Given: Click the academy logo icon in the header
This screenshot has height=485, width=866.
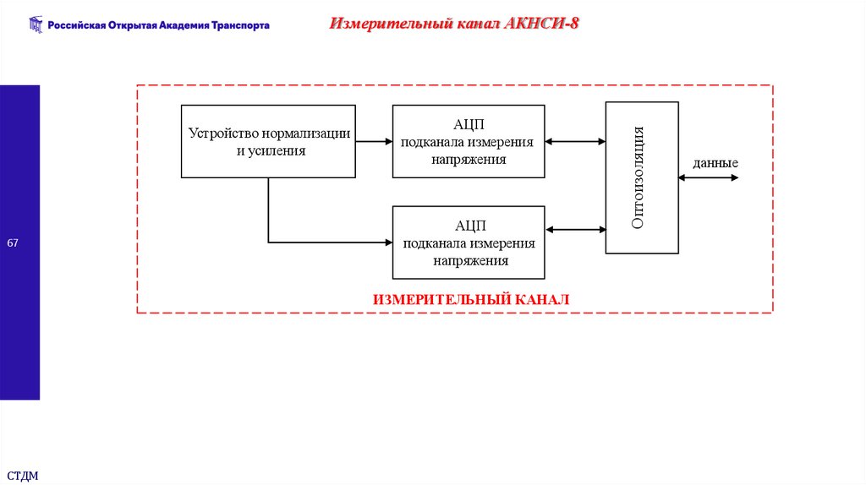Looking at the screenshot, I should (35, 25).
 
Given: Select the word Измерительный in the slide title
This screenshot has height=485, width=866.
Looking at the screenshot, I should (375, 23).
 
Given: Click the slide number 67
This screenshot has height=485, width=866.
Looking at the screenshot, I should (13, 243).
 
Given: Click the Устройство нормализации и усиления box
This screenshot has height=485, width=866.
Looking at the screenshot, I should (269, 141).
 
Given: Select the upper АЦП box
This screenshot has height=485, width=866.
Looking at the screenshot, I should (468, 141).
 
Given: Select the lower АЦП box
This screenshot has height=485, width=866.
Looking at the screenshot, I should (468, 243).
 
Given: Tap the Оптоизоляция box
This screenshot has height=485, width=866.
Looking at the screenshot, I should (641, 177).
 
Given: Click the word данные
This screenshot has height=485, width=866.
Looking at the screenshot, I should (715, 163).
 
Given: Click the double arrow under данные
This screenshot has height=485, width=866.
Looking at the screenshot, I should (708, 178).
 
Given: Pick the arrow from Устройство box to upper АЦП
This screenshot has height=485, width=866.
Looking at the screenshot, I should (374, 141).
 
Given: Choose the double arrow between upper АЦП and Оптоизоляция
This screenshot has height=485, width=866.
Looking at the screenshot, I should (575, 141).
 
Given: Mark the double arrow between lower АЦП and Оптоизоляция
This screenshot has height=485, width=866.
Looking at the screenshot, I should (575, 228).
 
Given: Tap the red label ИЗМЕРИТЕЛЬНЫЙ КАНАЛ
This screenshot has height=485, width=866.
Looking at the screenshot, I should (471, 299).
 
